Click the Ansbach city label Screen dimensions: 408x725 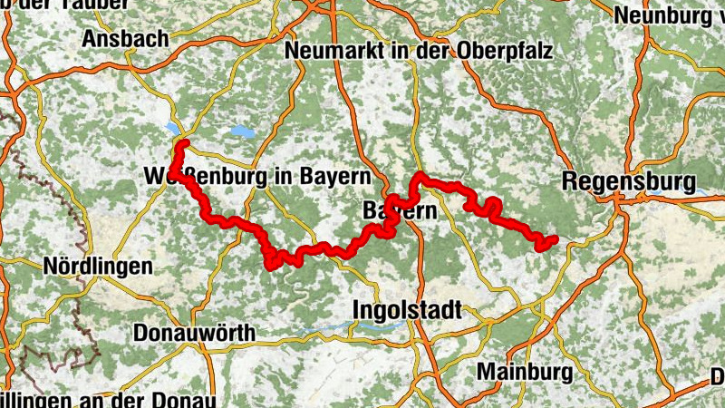coord(125,39)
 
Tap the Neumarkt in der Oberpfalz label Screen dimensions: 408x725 coord(419,51)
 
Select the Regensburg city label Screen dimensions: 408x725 coord(628,180)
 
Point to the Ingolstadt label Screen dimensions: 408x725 coord(406,311)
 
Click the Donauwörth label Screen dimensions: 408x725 coord(194,333)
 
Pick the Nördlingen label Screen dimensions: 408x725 coord(98,267)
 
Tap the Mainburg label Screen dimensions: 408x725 coord(524,372)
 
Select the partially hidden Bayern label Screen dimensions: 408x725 coord(400,210)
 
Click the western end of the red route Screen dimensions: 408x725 coord(183,145)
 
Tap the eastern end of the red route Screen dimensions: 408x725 coord(553,239)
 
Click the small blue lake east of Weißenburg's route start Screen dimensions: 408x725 coord(243,131)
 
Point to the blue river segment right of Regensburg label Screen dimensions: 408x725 coord(701,191)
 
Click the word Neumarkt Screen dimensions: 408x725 coord(329,51)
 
